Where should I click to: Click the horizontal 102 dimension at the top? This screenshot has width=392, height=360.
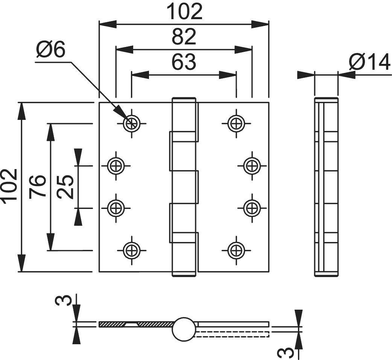tap(184, 12)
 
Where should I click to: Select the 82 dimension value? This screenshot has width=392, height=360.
tap(184, 37)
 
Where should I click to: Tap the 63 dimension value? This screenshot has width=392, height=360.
tap(184, 62)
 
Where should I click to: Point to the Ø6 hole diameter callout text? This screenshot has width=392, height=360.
tap(51, 50)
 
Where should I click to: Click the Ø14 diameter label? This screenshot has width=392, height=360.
tap(369, 62)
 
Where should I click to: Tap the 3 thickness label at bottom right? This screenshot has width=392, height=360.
tap(284, 352)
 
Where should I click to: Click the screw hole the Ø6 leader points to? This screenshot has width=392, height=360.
tap(131, 123)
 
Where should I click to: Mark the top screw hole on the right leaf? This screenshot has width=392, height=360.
tap(236, 123)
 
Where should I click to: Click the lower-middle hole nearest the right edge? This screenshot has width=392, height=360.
tap(251, 207)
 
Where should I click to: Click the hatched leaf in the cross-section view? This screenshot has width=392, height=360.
tap(135, 324)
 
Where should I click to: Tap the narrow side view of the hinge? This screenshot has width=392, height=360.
tap(326, 186)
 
